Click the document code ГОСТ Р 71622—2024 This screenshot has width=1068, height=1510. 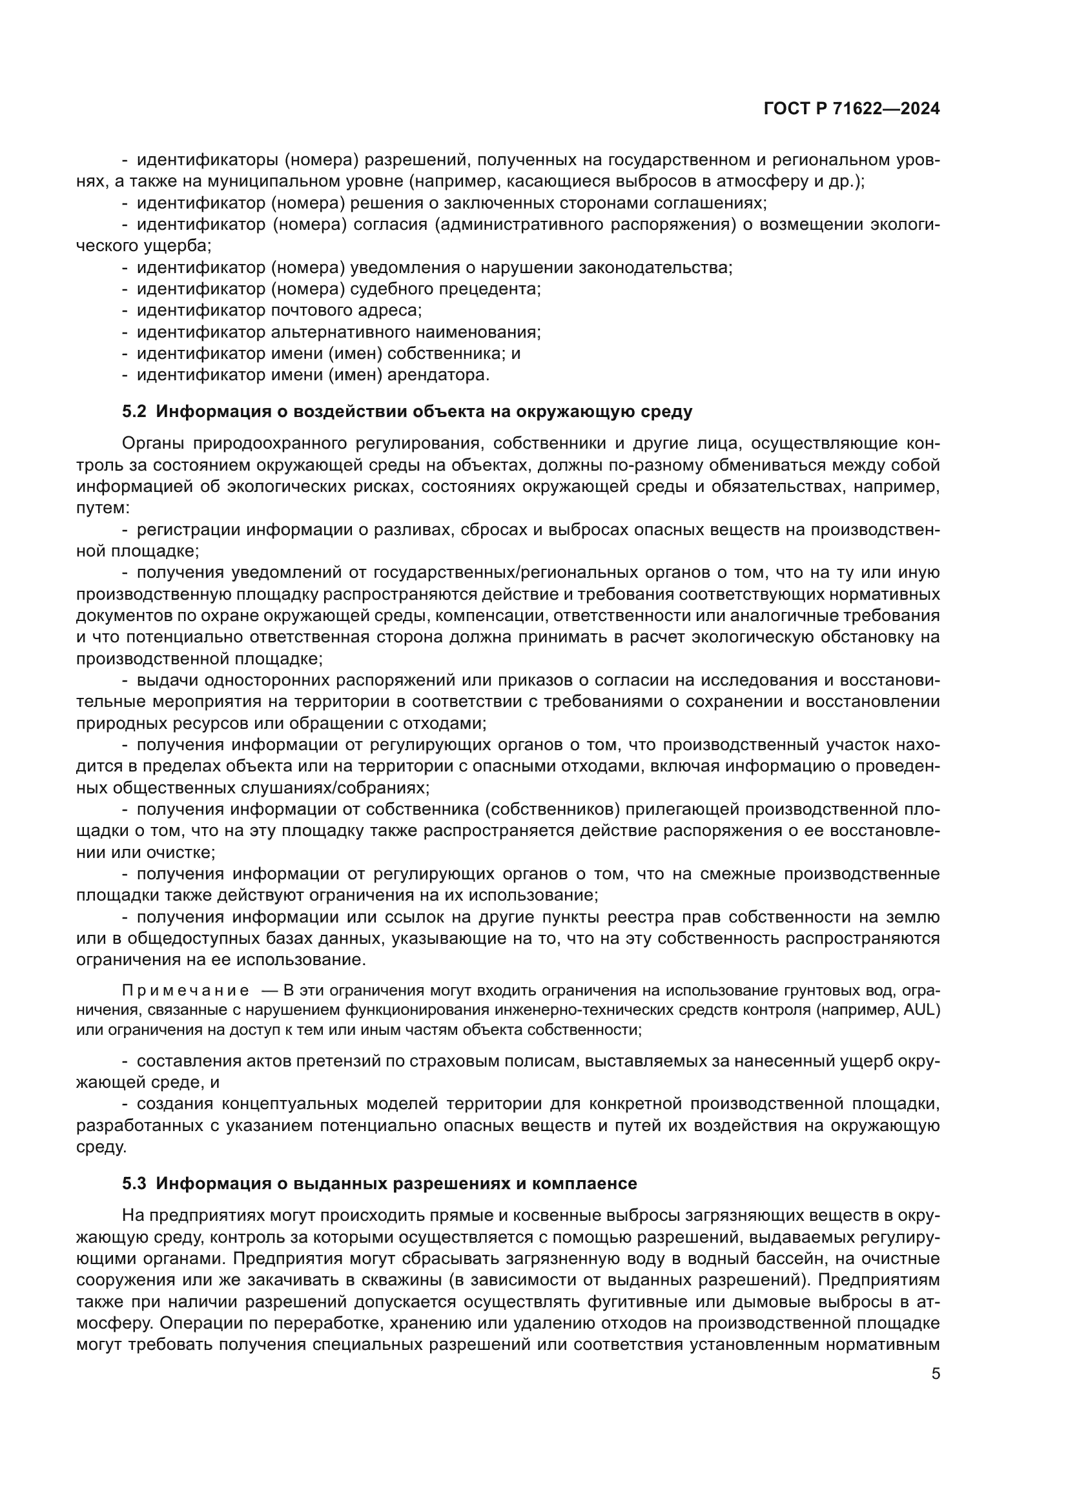[x=852, y=108]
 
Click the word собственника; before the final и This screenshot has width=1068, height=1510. [x=447, y=353]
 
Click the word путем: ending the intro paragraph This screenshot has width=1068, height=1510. [x=103, y=508]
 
